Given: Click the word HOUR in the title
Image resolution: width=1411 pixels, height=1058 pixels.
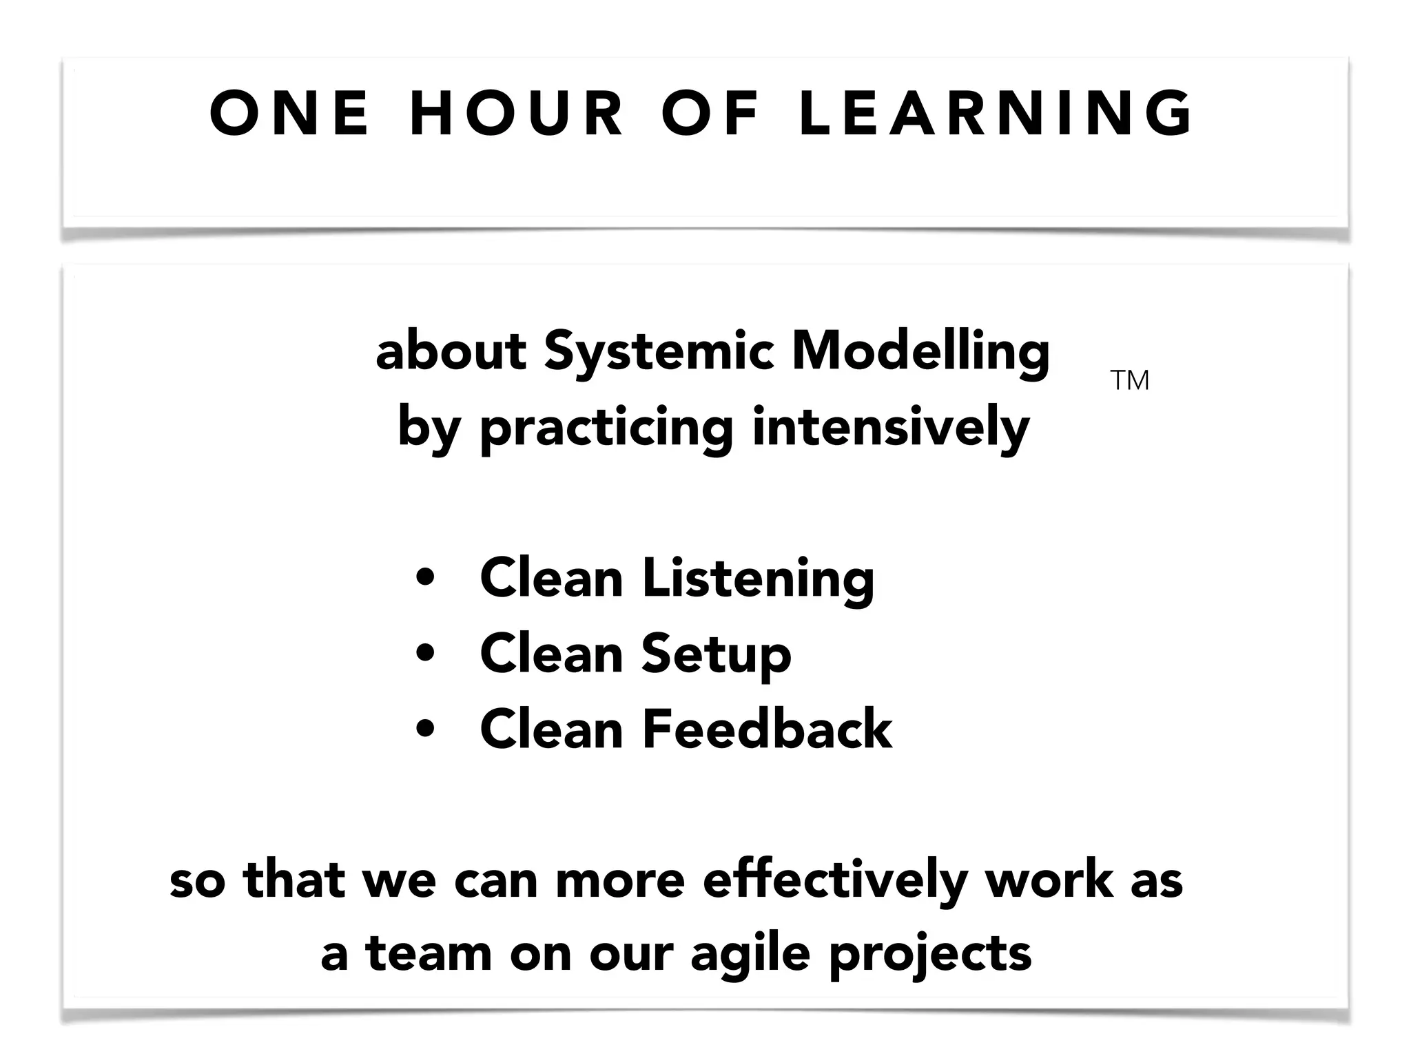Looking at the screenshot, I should click(x=517, y=114).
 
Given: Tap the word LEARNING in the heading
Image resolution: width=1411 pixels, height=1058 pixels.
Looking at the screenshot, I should click(x=996, y=114).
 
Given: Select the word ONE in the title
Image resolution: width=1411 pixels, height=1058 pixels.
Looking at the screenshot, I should click(x=289, y=114).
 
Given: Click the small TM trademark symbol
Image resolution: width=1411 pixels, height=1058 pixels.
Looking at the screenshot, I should click(x=1130, y=380).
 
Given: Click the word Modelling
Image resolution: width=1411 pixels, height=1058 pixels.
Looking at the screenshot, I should click(x=920, y=353).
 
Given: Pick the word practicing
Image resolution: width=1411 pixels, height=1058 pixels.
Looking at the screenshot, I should click(x=606, y=428).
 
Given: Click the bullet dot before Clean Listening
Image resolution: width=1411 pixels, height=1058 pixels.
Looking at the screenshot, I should click(x=426, y=579).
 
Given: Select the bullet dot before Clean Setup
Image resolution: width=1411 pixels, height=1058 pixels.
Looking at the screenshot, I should click(x=426, y=654).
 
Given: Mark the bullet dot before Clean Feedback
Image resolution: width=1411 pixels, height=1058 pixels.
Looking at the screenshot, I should click(x=426, y=729).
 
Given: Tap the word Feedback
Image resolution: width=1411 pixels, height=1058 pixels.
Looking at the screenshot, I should click(x=767, y=729).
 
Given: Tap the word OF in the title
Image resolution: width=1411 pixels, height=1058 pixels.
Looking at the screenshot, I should click(x=710, y=114).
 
